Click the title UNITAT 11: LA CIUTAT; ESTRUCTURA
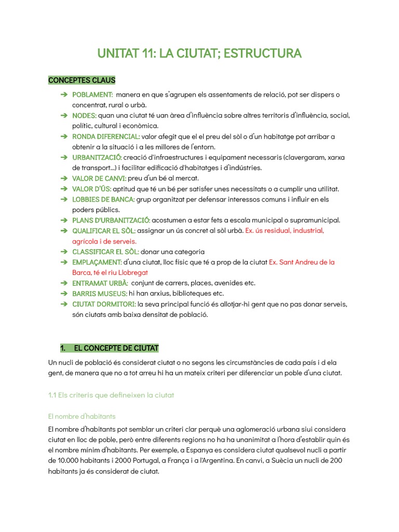[199, 54]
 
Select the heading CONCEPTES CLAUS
[82, 80]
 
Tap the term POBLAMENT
[92, 95]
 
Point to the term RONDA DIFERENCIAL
[106, 137]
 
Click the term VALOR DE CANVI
[99, 178]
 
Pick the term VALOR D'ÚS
[91, 189]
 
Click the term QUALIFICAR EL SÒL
[104, 231]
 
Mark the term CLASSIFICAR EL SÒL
[105, 251]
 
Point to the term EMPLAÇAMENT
[97, 262]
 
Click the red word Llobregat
[134, 272]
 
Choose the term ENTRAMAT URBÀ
[100, 283]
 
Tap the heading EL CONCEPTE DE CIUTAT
[116, 348]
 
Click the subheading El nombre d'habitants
[82, 416]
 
